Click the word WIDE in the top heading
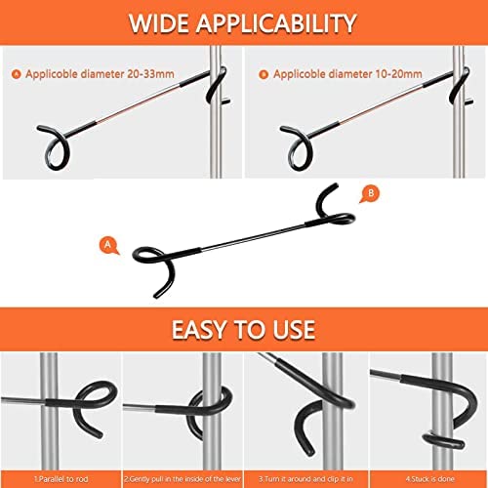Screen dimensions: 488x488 [x=159, y=23]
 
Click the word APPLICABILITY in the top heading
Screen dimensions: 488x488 [x=276, y=23]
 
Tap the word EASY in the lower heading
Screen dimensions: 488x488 [x=200, y=330]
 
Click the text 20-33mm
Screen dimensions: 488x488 [x=150, y=74]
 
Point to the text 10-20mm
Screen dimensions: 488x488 [x=398, y=74]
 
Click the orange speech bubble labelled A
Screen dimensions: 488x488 [x=108, y=245]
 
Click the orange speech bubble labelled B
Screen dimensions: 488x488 [x=370, y=194]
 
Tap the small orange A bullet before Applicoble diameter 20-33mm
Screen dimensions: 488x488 [x=16, y=74]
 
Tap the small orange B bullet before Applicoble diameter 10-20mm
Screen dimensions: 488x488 [x=264, y=74]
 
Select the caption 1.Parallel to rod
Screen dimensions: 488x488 [x=61, y=479]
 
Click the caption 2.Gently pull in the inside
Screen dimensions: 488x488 [x=183, y=479]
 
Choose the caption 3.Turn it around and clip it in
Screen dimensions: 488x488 [x=305, y=479]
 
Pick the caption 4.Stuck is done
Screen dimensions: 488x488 [x=430, y=479]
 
